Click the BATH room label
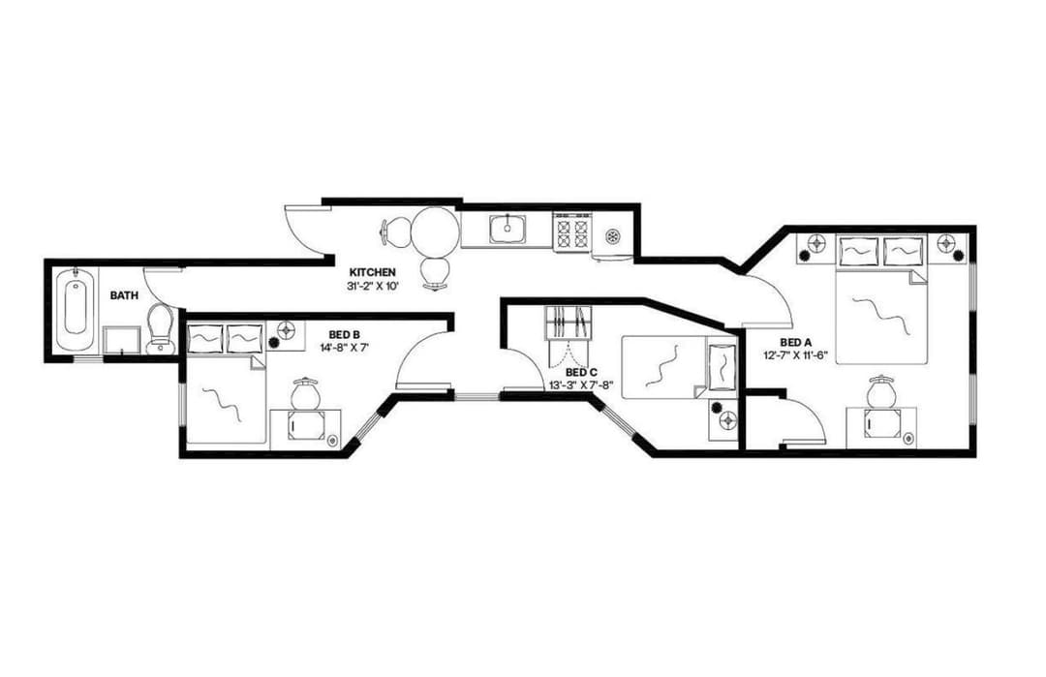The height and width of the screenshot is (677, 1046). coord(123,294)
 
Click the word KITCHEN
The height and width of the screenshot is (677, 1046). coord(372,273)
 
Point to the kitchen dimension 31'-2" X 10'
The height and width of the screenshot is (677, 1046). coord(372,287)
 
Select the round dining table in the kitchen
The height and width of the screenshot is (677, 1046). coord(433,231)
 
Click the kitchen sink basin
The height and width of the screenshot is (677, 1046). coord(507,231)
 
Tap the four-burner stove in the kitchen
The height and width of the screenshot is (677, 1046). coord(571,232)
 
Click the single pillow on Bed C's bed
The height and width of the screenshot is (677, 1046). coord(721,366)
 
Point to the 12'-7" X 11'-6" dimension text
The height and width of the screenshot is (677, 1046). coord(795,355)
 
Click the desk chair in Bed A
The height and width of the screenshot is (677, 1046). coord(879,392)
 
